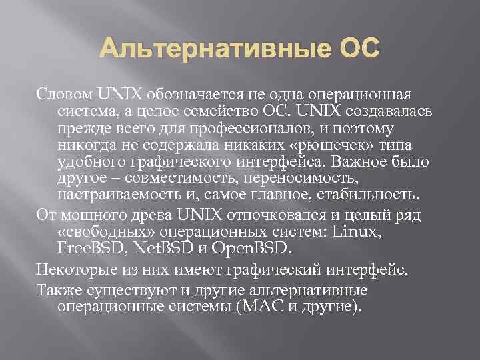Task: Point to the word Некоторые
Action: click(x=75, y=271)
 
